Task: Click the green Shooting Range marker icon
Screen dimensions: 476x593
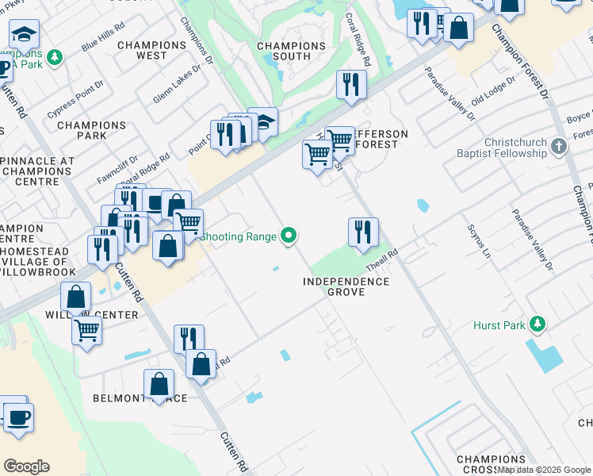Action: tap(289, 236)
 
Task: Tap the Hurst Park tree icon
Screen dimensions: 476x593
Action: tap(538, 324)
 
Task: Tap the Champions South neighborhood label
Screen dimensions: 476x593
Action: tap(291, 52)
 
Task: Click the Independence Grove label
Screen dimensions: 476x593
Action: tap(347, 286)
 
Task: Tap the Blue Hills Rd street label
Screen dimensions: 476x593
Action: tap(103, 37)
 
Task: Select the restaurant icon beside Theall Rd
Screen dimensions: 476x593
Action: tap(363, 232)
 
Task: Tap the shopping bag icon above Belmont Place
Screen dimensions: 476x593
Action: tap(159, 384)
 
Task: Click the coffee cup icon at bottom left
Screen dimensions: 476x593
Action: tap(18, 416)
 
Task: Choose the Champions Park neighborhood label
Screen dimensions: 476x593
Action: tap(91, 130)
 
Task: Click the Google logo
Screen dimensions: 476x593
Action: tap(26, 466)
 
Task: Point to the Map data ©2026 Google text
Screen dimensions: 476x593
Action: tap(544, 470)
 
